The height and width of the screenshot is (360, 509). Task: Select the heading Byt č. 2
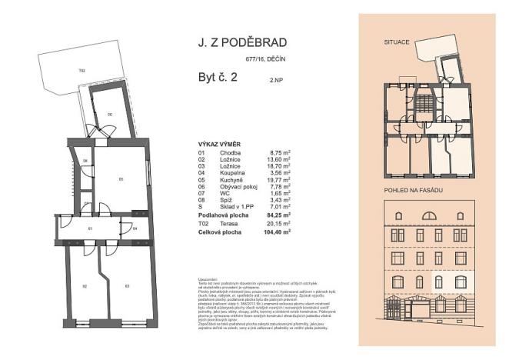(x=211, y=77)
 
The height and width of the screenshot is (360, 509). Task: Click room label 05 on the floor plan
(x=121, y=178)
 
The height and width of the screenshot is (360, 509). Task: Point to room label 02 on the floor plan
(x=83, y=285)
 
